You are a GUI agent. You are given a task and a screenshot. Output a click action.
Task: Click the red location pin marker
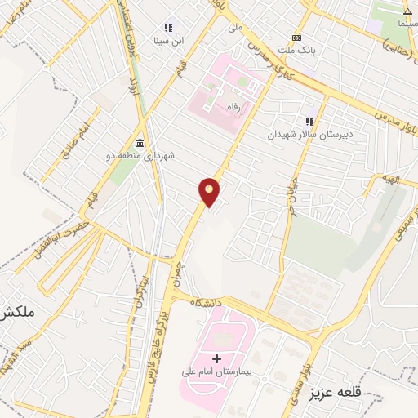[x=210, y=192]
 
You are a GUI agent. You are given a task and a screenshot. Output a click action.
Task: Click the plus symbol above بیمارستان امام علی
[x=216, y=358]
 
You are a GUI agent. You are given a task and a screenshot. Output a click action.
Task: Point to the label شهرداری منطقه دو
[x=140, y=155]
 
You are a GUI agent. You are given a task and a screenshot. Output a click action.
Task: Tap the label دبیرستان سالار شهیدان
[x=309, y=133]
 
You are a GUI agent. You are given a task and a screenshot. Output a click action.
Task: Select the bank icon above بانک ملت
[x=296, y=38]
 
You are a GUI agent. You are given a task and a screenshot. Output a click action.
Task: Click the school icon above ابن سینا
[x=169, y=27]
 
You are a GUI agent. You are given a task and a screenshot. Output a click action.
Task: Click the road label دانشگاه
[x=207, y=303]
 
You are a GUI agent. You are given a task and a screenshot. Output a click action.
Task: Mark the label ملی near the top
[x=235, y=26]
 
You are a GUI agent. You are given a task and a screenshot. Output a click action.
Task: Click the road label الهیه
[x=395, y=179]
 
